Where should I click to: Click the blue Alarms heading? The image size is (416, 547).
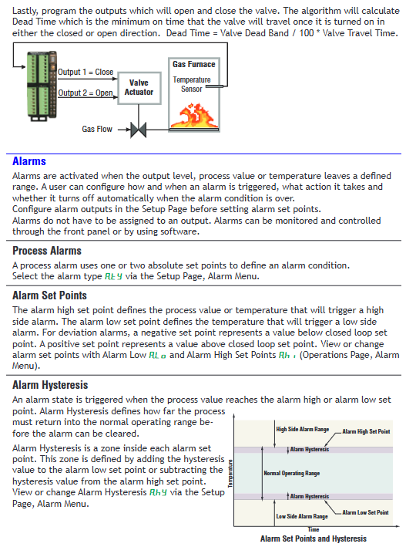[29, 161]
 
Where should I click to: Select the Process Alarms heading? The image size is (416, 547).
[47, 251]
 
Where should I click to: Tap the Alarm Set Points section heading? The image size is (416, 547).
[49, 295]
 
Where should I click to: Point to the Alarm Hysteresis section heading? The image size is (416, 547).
[50, 385]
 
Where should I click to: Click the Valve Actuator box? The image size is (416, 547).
[139, 88]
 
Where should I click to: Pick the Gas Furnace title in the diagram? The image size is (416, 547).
[193, 64]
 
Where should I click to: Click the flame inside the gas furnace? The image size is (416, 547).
[194, 115]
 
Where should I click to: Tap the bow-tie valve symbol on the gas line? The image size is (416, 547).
[139, 130]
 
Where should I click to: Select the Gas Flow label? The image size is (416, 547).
[97, 129]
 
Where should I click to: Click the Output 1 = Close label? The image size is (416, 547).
[86, 72]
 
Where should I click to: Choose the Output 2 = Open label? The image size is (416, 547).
[86, 93]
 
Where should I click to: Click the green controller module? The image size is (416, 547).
[42, 86]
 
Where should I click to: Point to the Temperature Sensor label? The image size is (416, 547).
[192, 84]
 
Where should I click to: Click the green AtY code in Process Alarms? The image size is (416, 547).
[113, 277]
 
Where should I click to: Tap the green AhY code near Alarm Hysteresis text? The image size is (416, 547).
[158, 492]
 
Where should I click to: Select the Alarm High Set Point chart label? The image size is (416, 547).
[366, 431]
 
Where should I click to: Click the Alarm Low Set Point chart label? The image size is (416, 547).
[365, 512]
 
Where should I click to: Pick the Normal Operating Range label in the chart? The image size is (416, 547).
[292, 474]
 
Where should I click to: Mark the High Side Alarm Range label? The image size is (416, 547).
[303, 430]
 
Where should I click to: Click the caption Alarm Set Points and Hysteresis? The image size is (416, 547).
[314, 539]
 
